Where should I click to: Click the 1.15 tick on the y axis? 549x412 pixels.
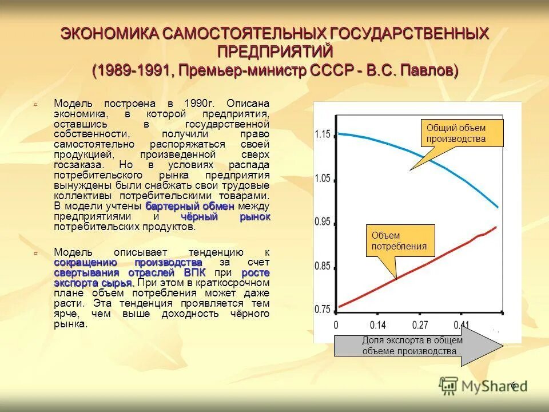tap(323, 134)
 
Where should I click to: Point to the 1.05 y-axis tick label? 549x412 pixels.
tap(323, 179)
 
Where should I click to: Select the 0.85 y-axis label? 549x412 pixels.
tap(323, 266)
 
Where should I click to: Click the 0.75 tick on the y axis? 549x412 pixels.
tap(323, 309)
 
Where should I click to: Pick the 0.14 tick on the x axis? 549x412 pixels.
tap(378, 326)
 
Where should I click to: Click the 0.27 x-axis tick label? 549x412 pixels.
tap(420, 326)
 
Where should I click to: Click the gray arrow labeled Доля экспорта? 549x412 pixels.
tap(417, 346)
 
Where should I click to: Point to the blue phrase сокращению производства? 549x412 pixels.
tap(128, 262)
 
